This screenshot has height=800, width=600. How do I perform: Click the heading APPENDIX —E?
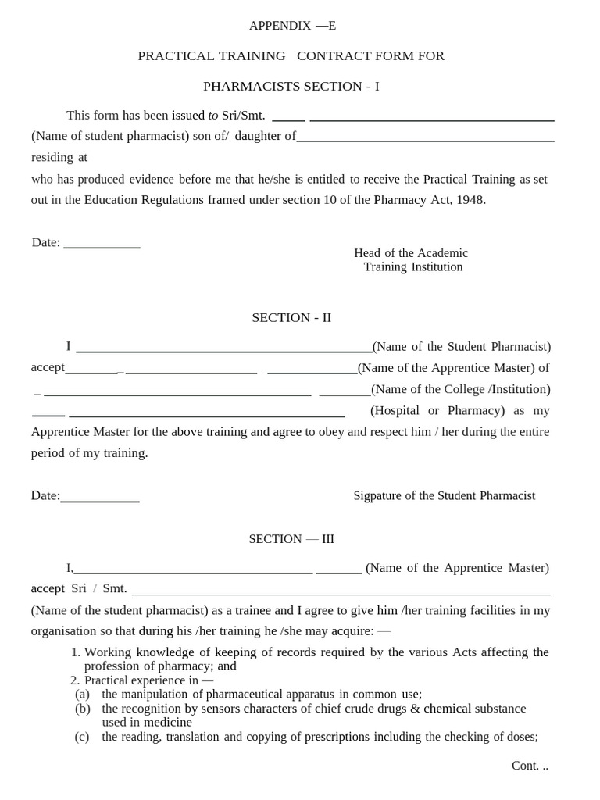(292, 26)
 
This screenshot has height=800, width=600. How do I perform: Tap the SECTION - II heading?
(291, 318)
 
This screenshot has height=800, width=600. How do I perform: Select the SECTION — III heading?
(291, 539)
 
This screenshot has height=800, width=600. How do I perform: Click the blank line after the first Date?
(102, 246)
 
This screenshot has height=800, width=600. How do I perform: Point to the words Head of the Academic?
(411, 253)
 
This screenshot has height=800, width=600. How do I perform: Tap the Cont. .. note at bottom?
(530, 766)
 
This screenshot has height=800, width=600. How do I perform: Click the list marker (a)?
(83, 694)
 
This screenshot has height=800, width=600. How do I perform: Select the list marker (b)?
(83, 709)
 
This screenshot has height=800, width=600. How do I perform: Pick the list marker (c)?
(82, 737)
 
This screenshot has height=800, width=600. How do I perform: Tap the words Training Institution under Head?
(413, 267)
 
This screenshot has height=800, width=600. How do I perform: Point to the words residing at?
(59, 157)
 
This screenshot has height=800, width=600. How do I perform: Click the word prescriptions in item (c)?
(337, 737)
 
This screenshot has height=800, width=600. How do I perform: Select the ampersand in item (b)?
(416, 709)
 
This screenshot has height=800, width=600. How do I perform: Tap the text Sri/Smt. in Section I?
(244, 116)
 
